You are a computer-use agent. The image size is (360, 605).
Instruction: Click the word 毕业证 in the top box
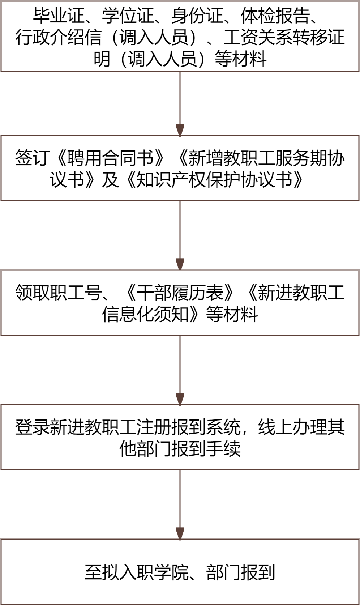click(x=59, y=16)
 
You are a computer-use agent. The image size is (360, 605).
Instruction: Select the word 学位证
click(x=128, y=16)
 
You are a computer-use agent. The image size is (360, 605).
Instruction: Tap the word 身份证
click(x=197, y=16)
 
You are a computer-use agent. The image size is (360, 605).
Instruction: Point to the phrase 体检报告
click(x=275, y=16)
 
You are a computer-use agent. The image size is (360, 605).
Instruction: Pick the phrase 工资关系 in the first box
click(x=257, y=37)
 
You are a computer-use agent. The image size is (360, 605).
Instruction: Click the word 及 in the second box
click(x=110, y=179)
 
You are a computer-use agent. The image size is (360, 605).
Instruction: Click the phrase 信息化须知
click(x=145, y=314)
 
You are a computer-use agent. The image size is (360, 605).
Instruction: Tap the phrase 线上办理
click(x=292, y=427)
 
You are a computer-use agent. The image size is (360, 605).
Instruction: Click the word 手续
click(x=223, y=449)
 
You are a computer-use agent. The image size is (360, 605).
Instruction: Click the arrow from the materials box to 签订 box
click(x=180, y=104)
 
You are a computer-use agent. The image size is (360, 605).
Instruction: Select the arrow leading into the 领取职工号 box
click(x=180, y=235)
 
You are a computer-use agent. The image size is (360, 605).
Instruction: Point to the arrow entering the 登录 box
click(x=180, y=370)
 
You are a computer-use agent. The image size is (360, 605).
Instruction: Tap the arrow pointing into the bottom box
click(x=180, y=504)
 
